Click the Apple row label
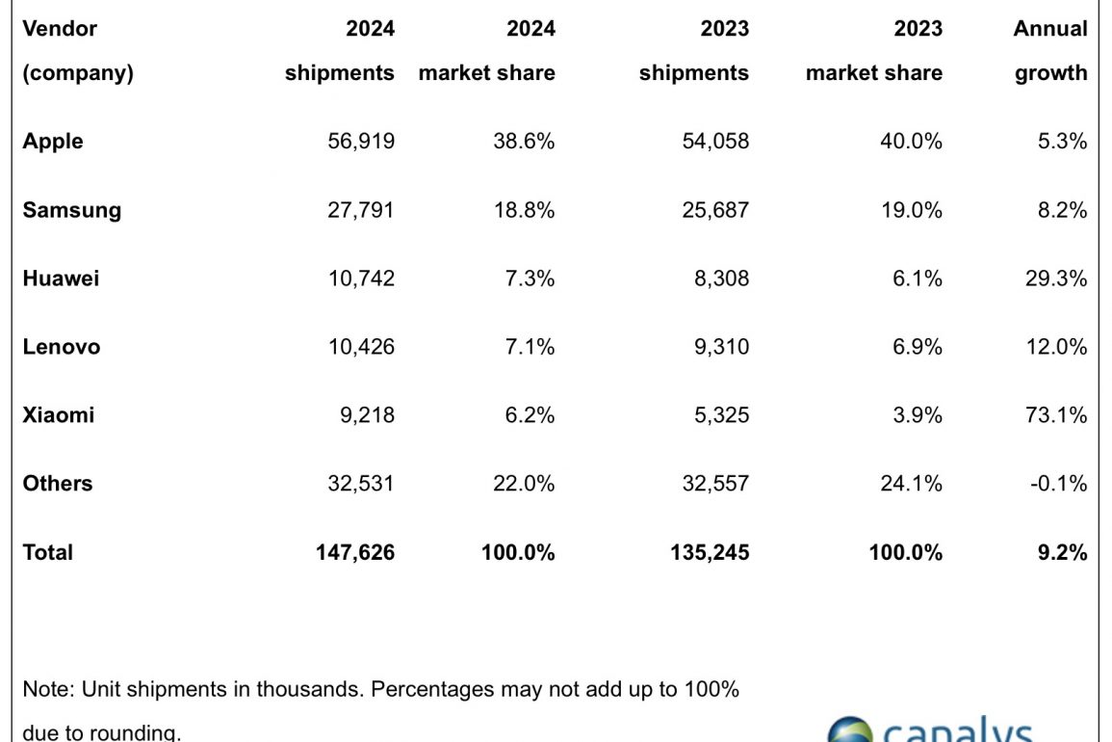(x=53, y=142)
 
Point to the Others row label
(x=58, y=484)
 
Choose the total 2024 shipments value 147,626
(x=354, y=552)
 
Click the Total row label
(x=48, y=552)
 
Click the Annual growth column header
(x=1050, y=50)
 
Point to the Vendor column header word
(x=60, y=29)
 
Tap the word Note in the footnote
(x=46, y=690)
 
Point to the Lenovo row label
(x=62, y=347)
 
